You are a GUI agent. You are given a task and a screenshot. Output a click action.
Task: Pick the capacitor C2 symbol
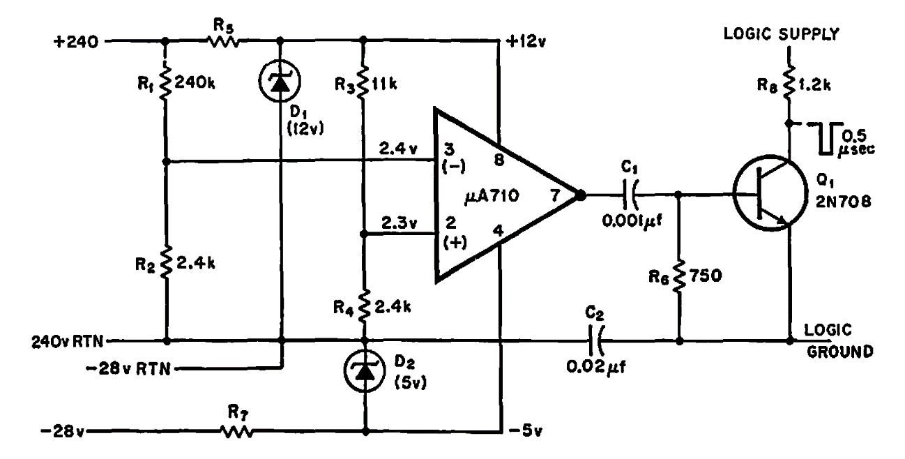[595, 342]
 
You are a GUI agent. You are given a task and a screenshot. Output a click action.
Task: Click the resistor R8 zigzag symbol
[789, 86]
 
